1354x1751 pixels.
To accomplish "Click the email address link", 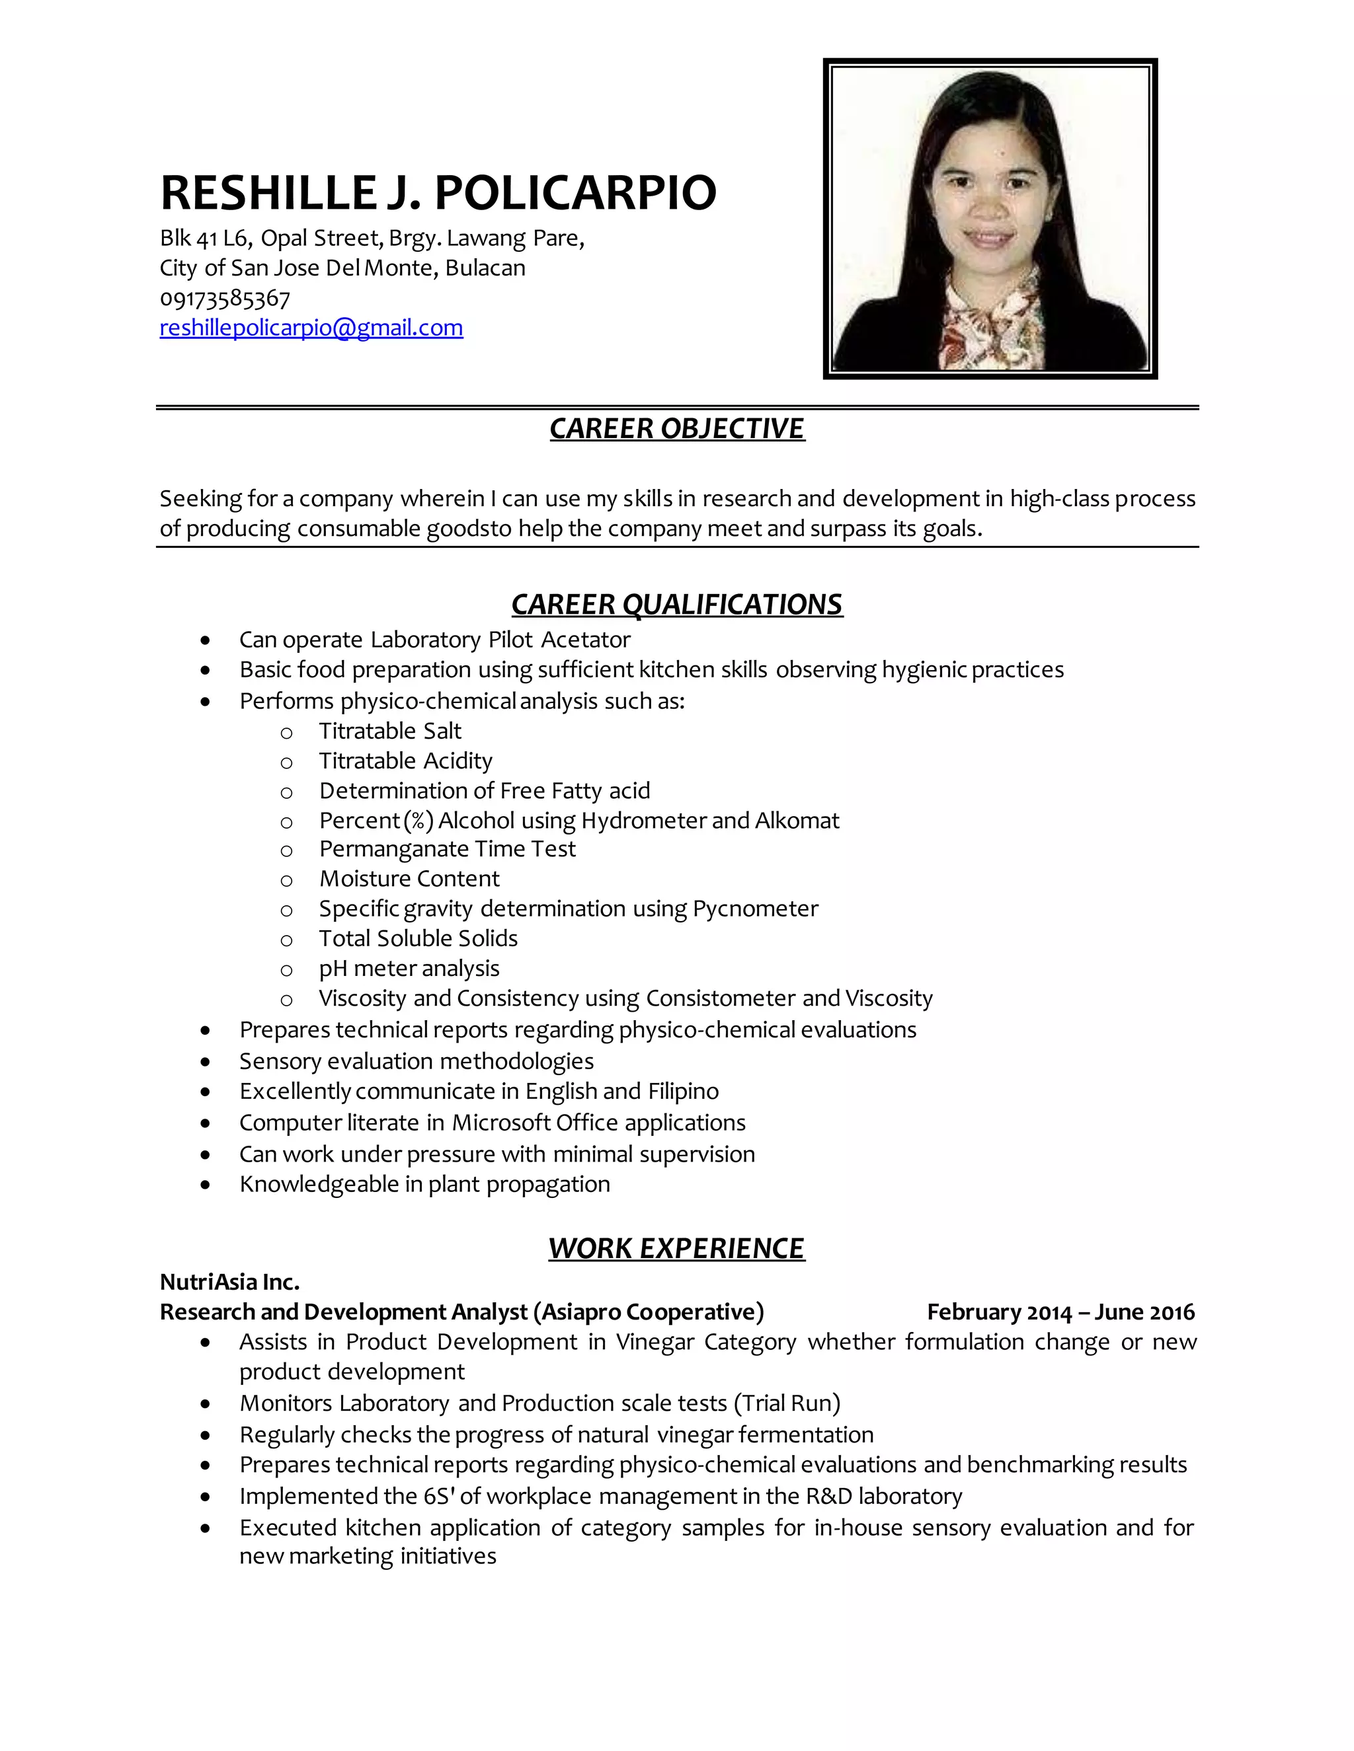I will click(x=311, y=328).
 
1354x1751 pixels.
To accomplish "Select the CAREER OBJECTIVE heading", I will click(x=676, y=429).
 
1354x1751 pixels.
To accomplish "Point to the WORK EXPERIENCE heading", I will click(x=676, y=1248).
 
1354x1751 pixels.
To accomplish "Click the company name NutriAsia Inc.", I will click(x=229, y=1282).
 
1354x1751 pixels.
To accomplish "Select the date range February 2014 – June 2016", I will click(x=1060, y=1312).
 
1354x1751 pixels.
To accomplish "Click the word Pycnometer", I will click(x=755, y=909).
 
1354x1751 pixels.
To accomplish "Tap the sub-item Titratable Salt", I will click(x=390, y=731).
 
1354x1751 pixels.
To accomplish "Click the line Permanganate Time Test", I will click(x=447, y=849).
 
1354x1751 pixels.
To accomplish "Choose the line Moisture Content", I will click(x=409, y=879).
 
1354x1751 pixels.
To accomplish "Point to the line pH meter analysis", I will click(x=409, y=969).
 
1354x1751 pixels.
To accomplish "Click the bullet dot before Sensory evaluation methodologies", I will click(x=206, y=1062).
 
